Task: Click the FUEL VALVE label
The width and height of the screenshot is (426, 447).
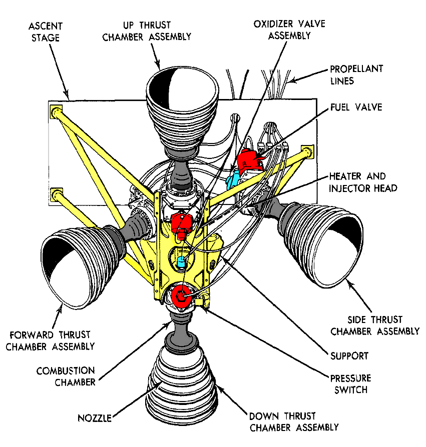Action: tap(355, 107)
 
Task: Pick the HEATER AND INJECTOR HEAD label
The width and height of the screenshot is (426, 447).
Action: tap(357, 182)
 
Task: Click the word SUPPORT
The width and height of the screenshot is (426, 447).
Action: tap(349, 356)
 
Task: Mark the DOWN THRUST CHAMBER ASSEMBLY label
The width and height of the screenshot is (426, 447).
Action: tap(294, 421)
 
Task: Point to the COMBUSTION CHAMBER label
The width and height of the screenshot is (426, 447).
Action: tap(65, 376)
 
